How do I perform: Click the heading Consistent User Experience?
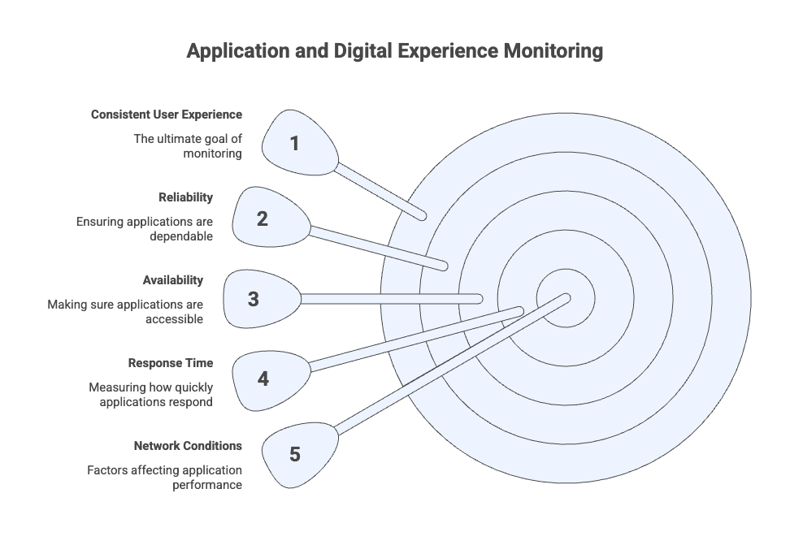pyautogui.click(x=166, y=115)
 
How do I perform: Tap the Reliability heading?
pyautogui.click(x=186, y=197)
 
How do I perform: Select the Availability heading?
pyautogui.click(x=173, y=280)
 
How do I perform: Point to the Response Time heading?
pyautogui.click(x=171, y=363)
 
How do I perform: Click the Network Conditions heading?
pyautogui.click(x=188, y=446)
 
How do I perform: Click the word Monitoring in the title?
pyautogui.click(x=553, y=52)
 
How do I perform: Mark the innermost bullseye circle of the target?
pyautogui.click(x=565, y=298)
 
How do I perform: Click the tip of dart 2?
pyautogui.click(x=444, y=265)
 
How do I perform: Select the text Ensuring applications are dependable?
pyautogui.click(x=145, y=228)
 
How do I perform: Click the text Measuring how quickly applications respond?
pyautogui.click(x=151, y=394)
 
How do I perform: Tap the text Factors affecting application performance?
pyautogui.click(x=164, y=477)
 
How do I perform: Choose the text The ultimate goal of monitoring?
pyautogui.click(x=188, y=145)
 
